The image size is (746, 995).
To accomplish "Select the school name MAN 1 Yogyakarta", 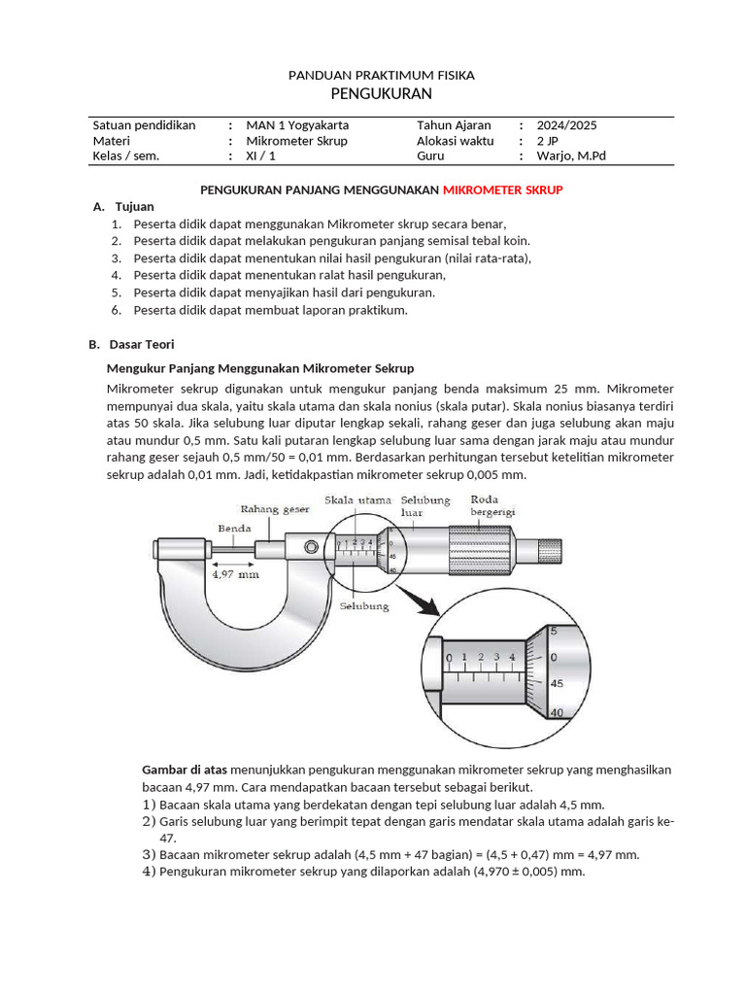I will [297, 125].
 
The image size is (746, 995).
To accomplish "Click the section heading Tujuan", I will [134, 206].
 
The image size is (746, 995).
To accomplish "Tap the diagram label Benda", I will [235, 529].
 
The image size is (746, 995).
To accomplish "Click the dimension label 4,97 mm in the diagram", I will [235, 574].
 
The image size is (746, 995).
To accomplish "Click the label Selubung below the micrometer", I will [364, 606].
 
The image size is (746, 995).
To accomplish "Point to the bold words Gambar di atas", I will [185, 769].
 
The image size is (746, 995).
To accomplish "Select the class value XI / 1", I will [260, 155].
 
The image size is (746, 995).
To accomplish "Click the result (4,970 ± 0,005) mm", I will [528, 872].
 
